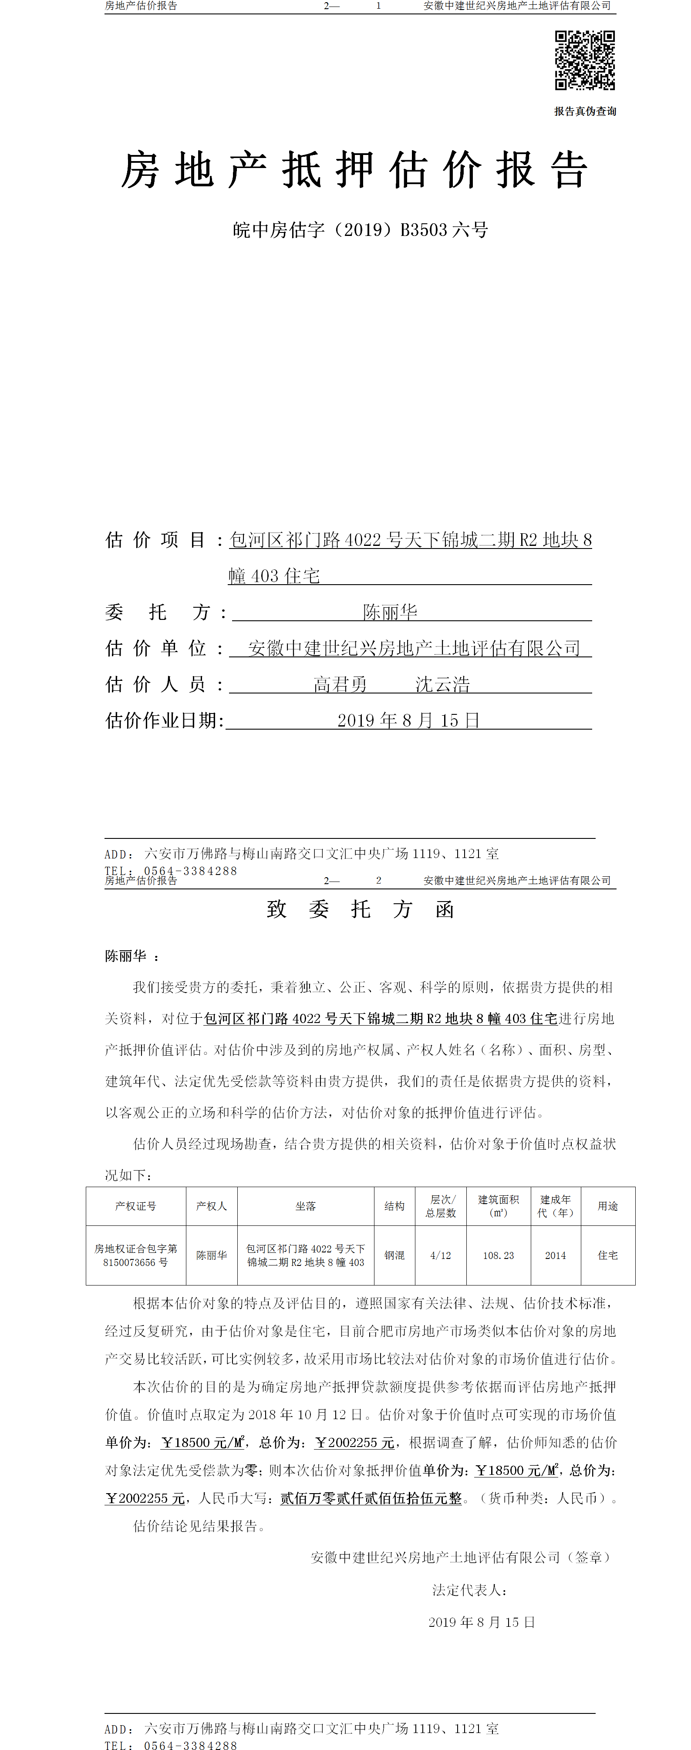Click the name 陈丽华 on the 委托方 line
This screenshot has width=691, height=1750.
pyautogui.click(x=390, y=612)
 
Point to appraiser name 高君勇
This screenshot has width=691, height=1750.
pyautogui.click(x=340, y=684)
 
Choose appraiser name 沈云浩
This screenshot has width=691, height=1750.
pyautogui.click(x=442, y=684)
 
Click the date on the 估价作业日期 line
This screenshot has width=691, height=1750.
pyautogui.click(x=408, y=720)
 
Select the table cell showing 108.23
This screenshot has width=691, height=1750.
pyautogui.click(x=498, y=1255)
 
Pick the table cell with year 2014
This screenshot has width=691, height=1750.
pyautogui.click(x=555, y=1255)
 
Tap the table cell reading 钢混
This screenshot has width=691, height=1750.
pyautogui.click(x=394, y=1255)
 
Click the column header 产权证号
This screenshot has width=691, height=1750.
pyautogui.click(x=135, y=1206)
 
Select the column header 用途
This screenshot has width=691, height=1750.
pyautogui.click(x=607, y=1206)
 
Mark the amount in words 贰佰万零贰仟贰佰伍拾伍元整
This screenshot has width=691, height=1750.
pyautogui.click(x=371, y=1498)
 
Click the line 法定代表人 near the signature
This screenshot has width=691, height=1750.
pyautogui.click(x=469, y=1590)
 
